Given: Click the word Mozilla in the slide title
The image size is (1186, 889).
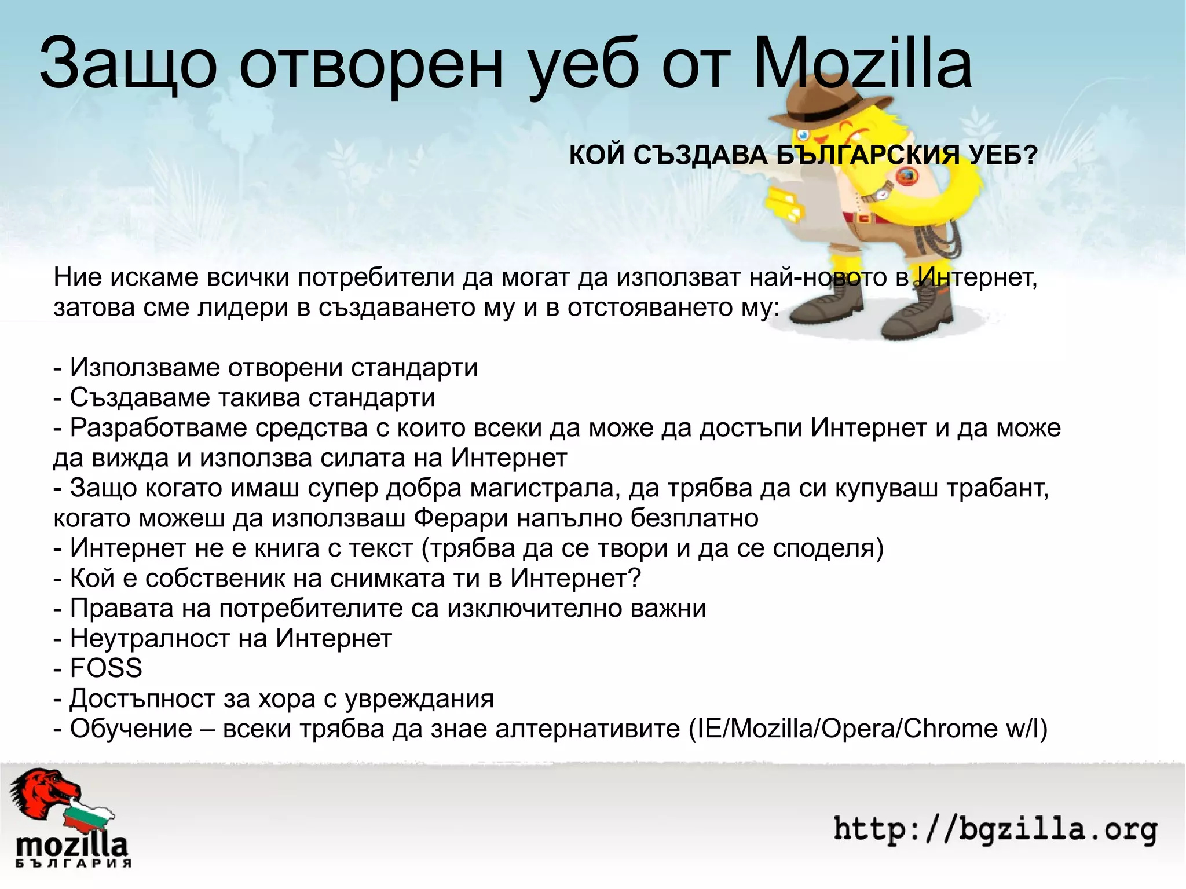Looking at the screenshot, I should click(863, 65).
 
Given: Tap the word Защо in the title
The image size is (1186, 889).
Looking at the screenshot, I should click(128, 65).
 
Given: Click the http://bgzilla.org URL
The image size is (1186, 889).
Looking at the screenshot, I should click(995, 829).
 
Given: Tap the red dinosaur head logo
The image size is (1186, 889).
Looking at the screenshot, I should click(43, 793).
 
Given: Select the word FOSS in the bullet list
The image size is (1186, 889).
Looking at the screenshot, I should click(106, 668).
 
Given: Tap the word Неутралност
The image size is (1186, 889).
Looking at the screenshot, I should click(169, 638).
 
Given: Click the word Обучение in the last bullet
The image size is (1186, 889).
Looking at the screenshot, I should click(131, 729).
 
